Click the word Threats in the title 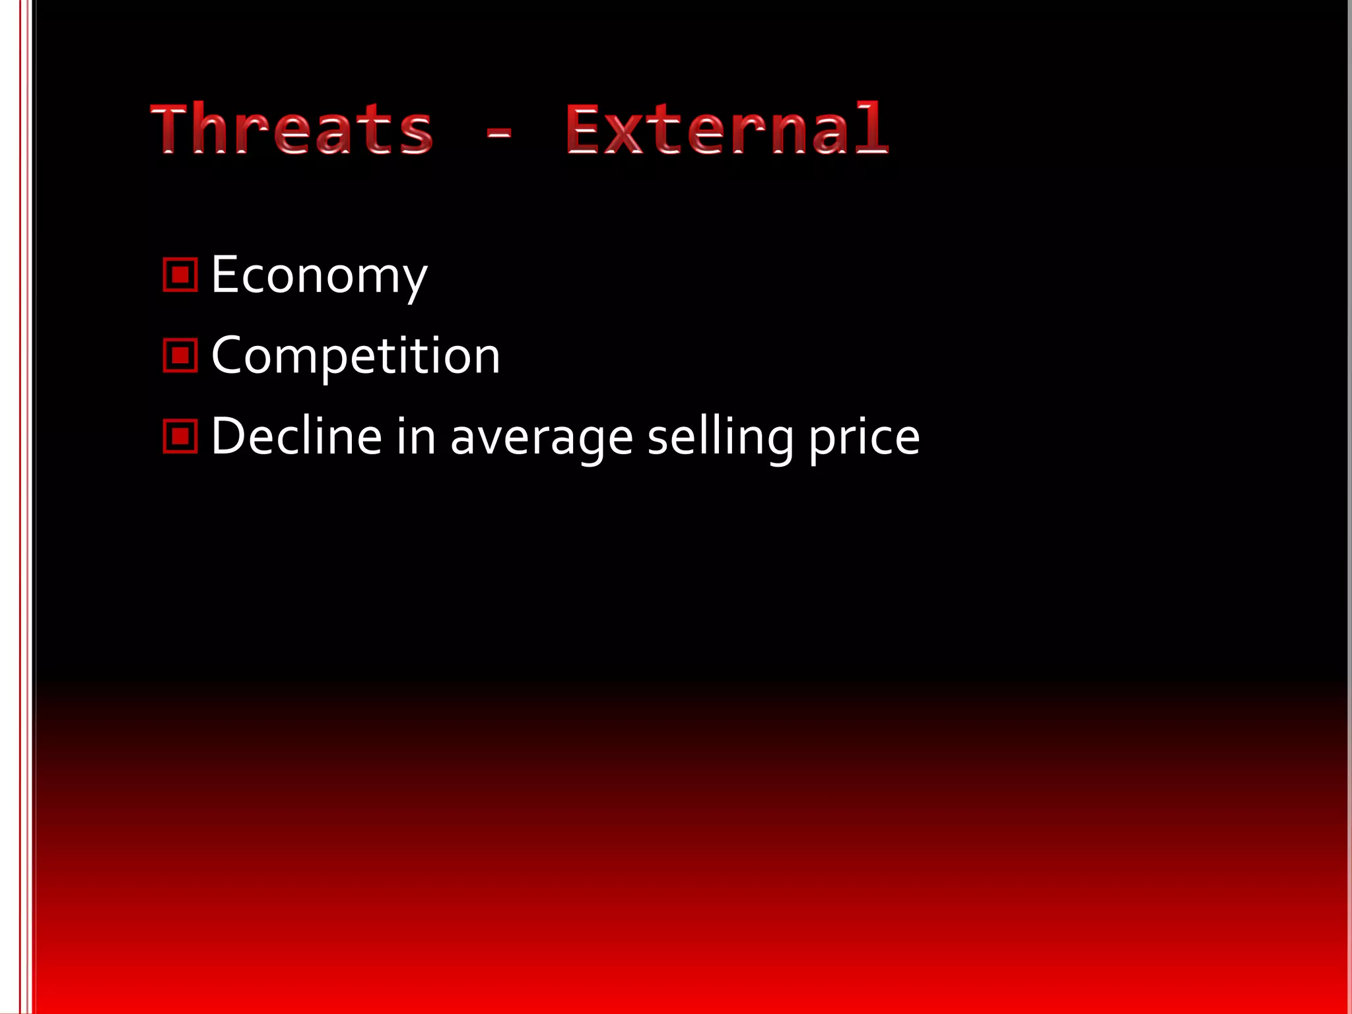292,129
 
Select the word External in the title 727,129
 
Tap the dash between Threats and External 499,134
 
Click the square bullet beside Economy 180,275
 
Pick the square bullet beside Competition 180,356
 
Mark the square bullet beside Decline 180,436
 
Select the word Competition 356,356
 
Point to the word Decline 296,436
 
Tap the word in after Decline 416,436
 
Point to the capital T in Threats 172,129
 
